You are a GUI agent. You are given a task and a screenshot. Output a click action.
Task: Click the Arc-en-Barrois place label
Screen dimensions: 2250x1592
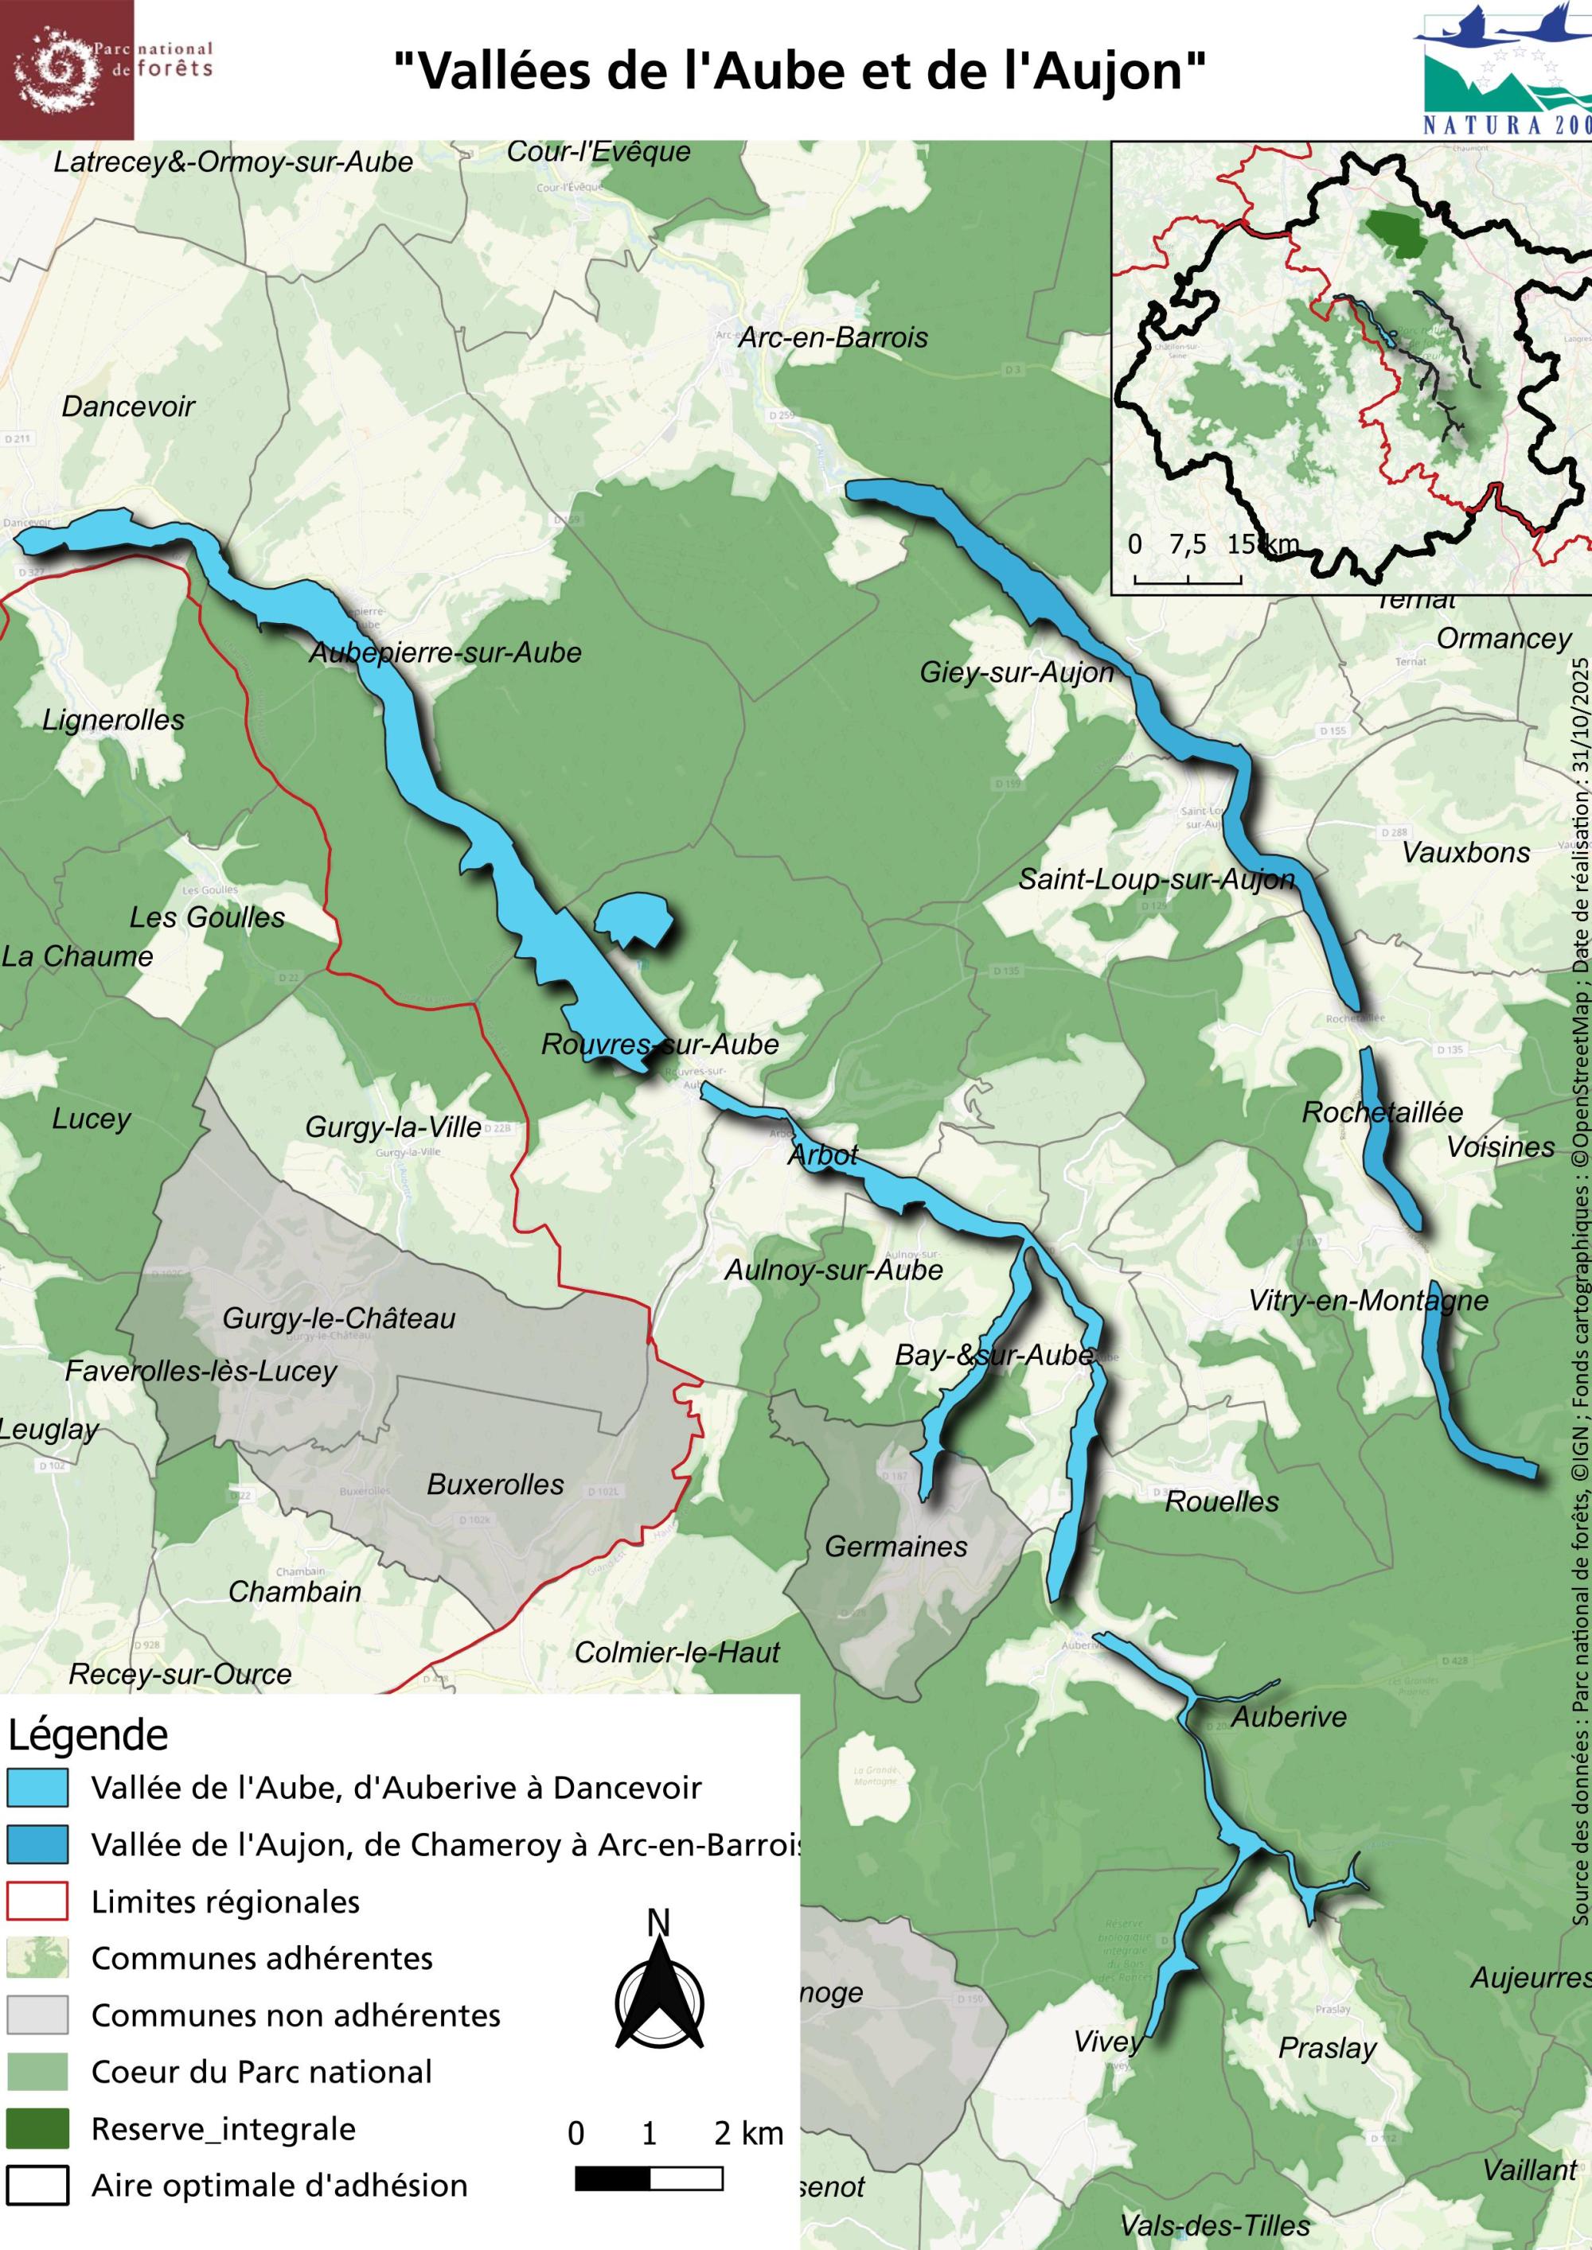click(x=833, y=338)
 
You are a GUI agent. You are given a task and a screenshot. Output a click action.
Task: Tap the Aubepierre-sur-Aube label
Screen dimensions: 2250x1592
click(x=445, y=652)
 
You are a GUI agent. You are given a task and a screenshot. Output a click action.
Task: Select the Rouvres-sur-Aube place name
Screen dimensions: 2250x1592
click(x=660, y=1044)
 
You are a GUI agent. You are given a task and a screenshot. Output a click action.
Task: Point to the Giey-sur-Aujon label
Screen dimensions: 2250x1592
click(x=1016, y=672)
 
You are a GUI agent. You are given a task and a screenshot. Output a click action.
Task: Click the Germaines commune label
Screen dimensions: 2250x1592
click(x=896, y=1547)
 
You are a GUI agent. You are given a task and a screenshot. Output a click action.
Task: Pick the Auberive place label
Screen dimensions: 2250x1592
click(x=1288, y=1717)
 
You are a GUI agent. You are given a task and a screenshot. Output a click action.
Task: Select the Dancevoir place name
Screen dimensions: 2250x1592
click(x=128, y=407)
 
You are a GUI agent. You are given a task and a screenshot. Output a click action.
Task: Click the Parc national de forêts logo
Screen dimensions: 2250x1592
click(x=67, y=68)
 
